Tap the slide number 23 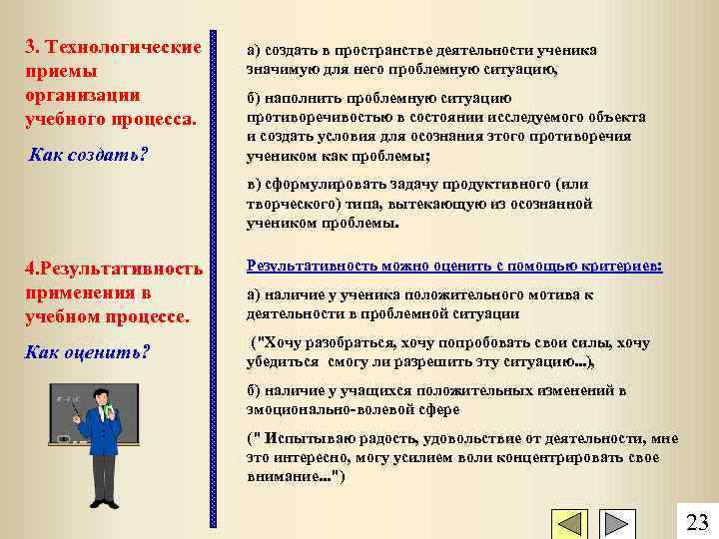pos(697,522)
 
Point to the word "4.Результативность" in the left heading pos(114,269)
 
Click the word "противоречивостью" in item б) pos(313,117)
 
